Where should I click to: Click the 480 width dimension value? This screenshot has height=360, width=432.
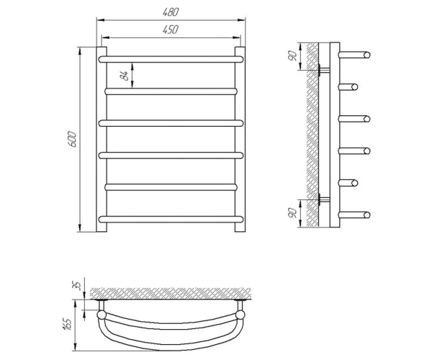[171, 12]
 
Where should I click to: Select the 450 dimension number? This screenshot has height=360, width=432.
[171, 30]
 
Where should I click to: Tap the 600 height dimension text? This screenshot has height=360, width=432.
[72, 140]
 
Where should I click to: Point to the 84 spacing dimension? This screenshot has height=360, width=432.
[125, 76]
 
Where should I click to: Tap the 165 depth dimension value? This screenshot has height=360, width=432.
[68, 325]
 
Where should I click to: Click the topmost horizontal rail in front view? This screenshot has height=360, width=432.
[171, 59]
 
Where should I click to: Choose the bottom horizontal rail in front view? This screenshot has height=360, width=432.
[171, 220]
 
